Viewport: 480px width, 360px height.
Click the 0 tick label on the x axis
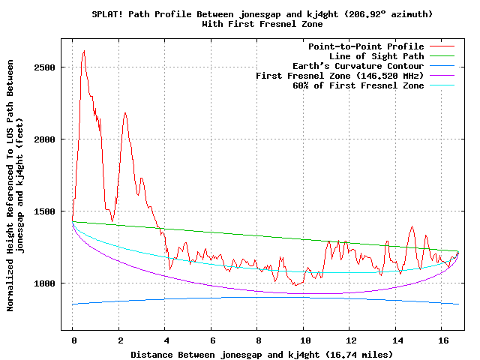73,340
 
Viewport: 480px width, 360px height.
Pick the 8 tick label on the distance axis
257,340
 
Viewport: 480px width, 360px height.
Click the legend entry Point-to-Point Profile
366,46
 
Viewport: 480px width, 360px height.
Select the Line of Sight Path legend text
376,56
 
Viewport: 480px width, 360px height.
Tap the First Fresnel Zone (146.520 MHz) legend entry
340,76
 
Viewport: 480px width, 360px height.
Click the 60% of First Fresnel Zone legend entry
358,85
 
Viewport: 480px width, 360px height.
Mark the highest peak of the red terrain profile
83,51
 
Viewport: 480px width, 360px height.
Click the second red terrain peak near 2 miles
125,112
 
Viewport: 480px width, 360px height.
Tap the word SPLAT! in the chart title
107,14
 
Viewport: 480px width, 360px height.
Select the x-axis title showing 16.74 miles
262,353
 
